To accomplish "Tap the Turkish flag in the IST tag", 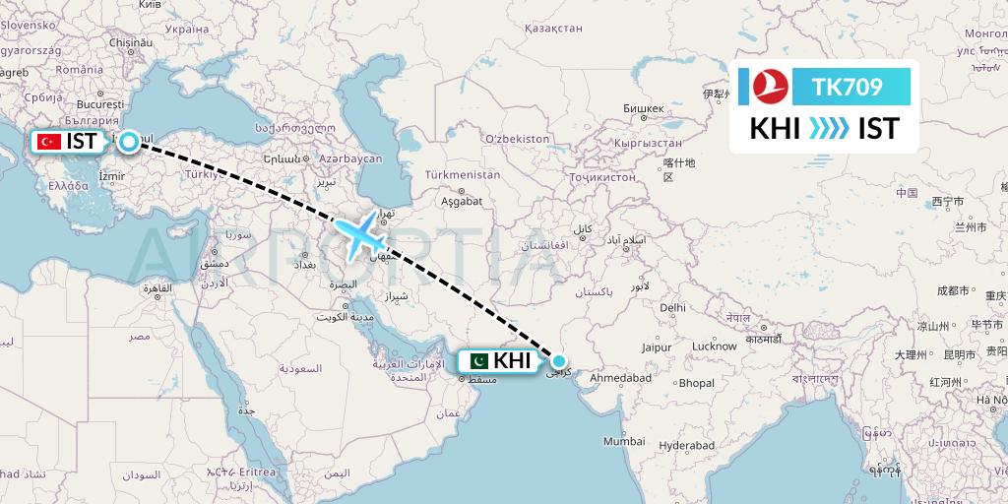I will (x=49, y=142).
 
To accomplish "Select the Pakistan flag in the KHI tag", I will (x=477, y=361).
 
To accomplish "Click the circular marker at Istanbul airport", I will (x=128, y=141).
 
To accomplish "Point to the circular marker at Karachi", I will (x=558, y=361).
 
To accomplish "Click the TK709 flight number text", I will (x=847, y=88).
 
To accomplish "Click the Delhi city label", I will (x=672, y=307).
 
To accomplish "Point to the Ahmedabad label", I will (x=622, y=378).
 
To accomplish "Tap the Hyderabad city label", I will (x=686, y=445).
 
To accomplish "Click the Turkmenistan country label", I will (x=463, y=174).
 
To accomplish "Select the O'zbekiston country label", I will (x=517, y=139).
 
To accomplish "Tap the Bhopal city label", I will (x=696, y=383).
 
